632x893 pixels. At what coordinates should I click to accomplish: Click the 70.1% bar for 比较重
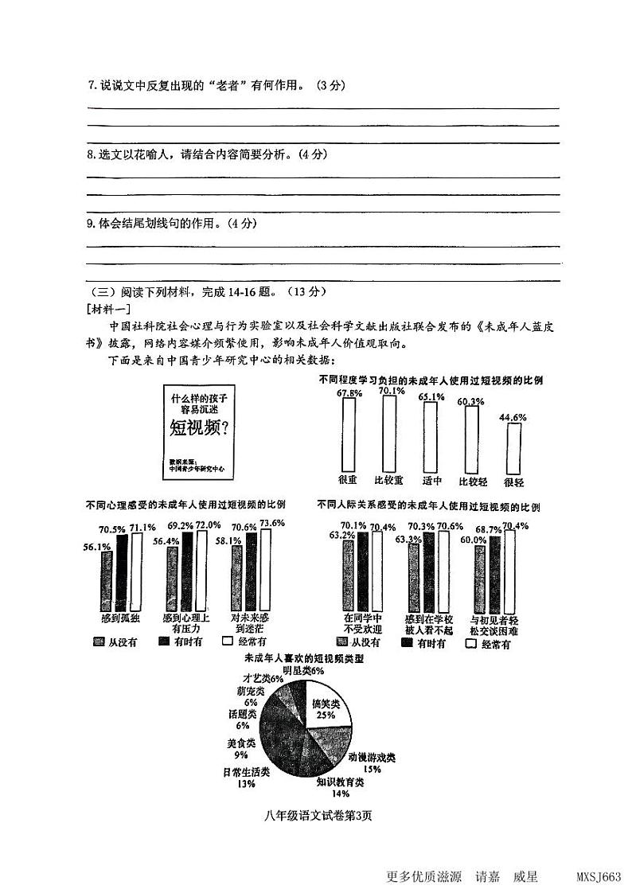point(389,434)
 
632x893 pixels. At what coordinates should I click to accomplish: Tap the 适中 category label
point(430,481)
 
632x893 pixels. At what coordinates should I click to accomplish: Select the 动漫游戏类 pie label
point(372,758)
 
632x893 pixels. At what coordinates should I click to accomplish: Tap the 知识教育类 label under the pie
point(340,782)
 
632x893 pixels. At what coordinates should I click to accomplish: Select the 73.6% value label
point(272,523)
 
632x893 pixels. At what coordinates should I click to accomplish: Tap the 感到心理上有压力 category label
point(185,623)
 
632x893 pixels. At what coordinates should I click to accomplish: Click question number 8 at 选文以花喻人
point(91,154)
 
